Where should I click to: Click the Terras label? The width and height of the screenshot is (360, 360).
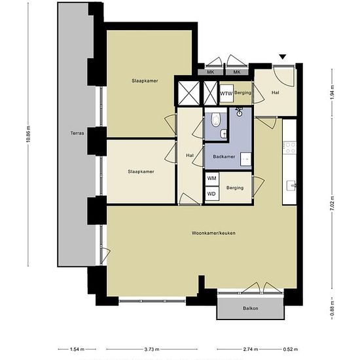77,134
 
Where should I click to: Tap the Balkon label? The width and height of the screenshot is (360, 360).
250,307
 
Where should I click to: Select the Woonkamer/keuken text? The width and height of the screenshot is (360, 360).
213,233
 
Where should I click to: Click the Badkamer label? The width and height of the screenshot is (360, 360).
224,157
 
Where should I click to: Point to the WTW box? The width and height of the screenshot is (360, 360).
226,94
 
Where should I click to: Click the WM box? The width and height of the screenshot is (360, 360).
211,178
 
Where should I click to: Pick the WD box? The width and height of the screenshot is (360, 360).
211,194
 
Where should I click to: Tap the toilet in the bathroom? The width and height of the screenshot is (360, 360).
217,119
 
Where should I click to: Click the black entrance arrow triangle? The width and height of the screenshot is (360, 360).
282,58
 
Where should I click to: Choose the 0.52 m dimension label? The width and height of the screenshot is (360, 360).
287,349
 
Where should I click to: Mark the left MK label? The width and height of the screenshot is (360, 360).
211,71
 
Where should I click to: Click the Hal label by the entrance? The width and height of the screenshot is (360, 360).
276,92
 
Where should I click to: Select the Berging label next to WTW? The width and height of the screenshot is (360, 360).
243,94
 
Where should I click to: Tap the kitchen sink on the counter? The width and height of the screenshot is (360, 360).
290,186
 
